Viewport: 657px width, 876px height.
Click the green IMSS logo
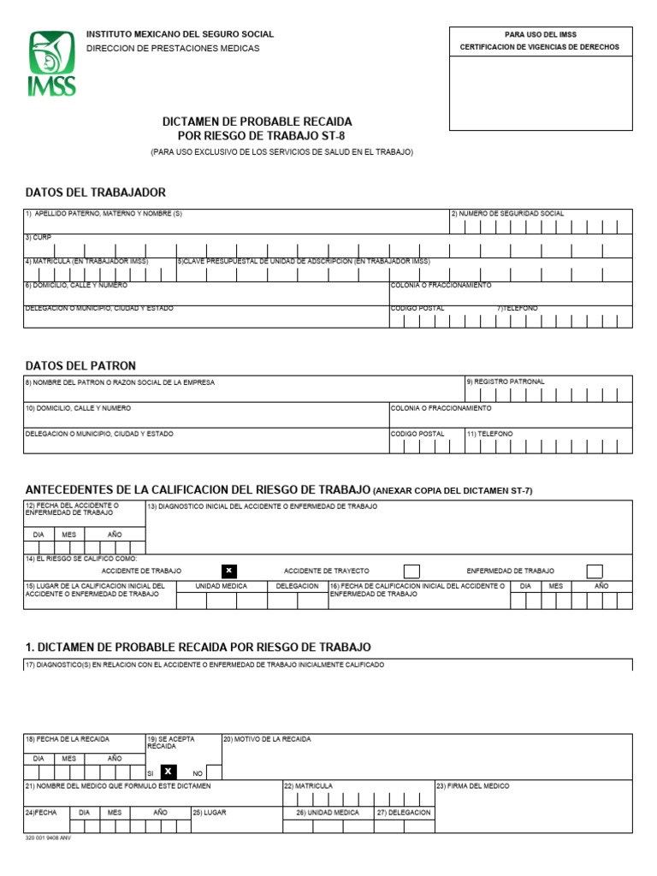click(53, 63)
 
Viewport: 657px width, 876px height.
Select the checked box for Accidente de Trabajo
click(228, 571)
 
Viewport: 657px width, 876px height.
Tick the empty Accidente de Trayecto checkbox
click(411, 571)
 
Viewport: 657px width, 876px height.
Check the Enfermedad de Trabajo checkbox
click(595, 571)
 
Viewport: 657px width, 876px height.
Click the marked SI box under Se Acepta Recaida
click(168, 772)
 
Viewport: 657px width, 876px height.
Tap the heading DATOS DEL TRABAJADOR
click(96, 192)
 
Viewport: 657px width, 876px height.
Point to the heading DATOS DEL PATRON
click(80, 366)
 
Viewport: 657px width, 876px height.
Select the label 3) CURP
click(38, 237)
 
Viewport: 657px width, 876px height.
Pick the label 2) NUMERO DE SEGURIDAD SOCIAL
click(507, 214)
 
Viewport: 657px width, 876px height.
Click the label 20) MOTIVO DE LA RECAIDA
click(267, 738)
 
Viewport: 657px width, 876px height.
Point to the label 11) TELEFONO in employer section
click(489, 434)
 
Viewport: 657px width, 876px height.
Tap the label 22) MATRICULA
click(308, 785)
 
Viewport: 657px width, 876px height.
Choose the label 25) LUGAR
click(210, 812)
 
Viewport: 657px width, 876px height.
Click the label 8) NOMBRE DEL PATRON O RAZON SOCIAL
click(120, 382)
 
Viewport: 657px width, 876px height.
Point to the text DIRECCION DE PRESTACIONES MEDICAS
click(172, 49)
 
